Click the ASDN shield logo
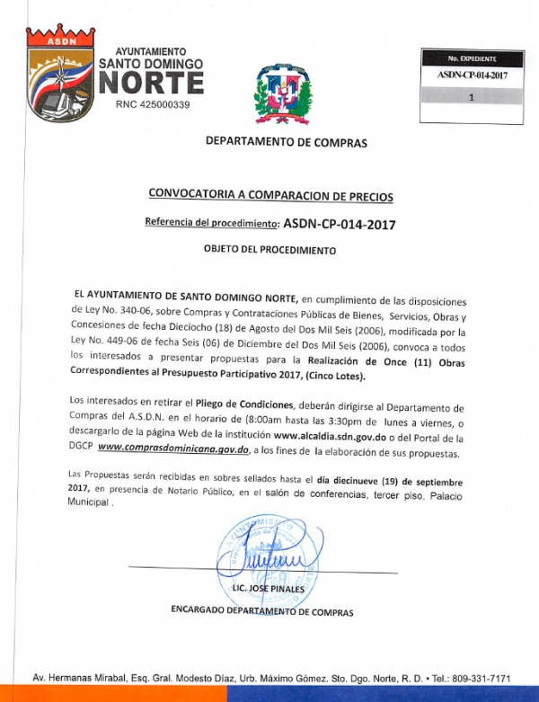[x=60, y=76]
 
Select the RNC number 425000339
[x=154, y=105]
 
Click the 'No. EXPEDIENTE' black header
[x=472, y=58]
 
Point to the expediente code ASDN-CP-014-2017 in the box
[x=472, y=76]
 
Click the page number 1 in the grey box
[x=472, y=102]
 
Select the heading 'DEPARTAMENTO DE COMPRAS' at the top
[x=286, y=142]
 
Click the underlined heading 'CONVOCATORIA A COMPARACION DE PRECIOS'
[x=270, y=196]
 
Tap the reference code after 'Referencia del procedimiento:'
[x=339, y=223]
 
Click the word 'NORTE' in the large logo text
[x=151, y=83]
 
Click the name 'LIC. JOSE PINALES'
[x=269, y=589]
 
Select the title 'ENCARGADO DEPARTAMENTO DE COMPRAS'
[x=262, y=612]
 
